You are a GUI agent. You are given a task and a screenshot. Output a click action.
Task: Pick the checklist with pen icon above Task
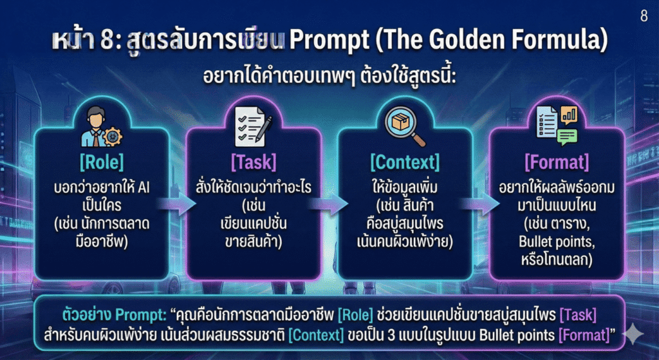[x=254, y=124]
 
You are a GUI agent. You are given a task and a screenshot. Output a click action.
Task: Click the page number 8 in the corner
[x=644, y=17]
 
